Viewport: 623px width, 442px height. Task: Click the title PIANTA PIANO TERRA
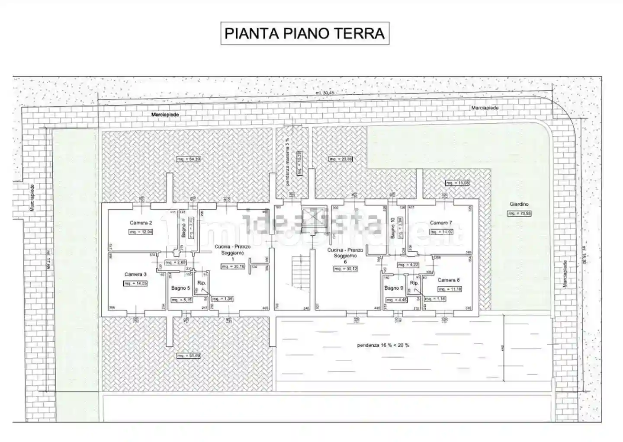(305, 33)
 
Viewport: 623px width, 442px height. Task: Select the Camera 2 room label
(141, 223)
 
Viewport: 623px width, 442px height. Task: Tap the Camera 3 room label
(135, 275)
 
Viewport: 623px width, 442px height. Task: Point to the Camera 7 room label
(441, 223)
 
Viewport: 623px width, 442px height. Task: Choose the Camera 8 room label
(449, 280)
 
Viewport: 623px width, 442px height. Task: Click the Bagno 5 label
(180, 288)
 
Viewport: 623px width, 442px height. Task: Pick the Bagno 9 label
(394, 288)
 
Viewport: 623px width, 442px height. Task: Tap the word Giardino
(519, 204)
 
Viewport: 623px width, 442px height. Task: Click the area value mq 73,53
(519, 214)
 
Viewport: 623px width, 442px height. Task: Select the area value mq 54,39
(189, 159)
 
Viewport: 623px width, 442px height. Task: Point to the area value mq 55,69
(189, 356)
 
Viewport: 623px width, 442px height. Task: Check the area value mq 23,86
(341, 159)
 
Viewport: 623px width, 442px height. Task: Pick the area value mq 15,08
(457, 183)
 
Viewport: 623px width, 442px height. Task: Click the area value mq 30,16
(233, 267)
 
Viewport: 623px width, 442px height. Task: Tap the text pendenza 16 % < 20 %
(383, 345)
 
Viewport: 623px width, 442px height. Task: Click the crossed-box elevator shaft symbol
(312, 216)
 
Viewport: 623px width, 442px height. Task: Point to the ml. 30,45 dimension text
(325, 93)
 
